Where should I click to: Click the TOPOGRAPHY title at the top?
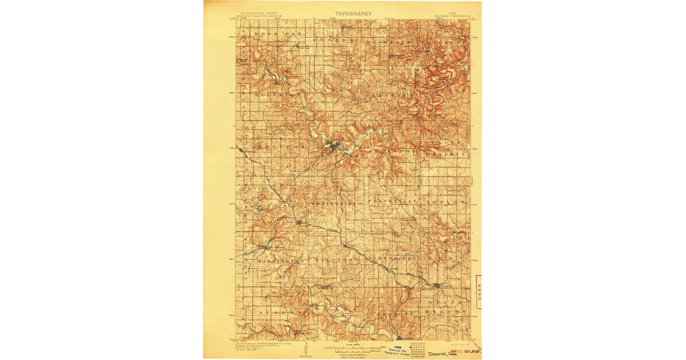353,13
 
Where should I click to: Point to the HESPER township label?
333,41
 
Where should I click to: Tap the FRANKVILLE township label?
395,202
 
